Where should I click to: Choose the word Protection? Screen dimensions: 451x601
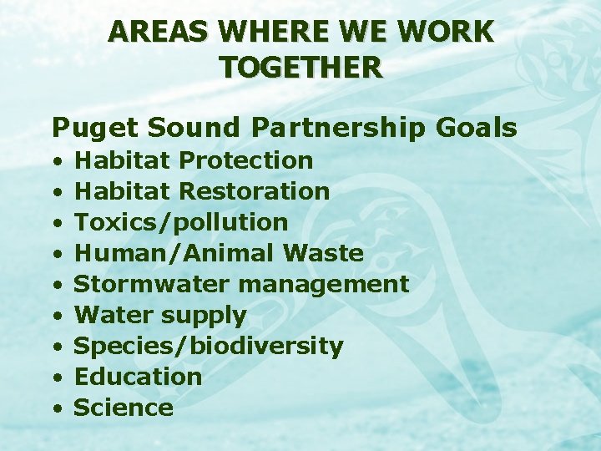tap(246, 160)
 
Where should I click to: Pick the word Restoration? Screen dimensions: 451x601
tap(255, 190)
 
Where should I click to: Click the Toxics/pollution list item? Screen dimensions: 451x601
tap(181, 222)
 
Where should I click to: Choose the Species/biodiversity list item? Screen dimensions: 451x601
tap(209, 347)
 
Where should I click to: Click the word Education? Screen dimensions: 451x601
tap(138, 377)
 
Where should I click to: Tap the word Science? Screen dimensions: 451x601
tap(124, 408)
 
